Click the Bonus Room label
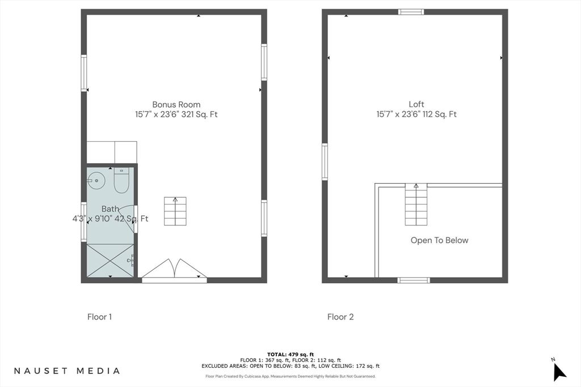[x=176, y=105]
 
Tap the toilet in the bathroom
[x=121, y=180]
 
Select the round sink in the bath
[x=96, y=181]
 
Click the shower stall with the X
[x=110, y=260]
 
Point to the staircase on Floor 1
[x=175, y=211]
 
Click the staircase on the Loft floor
[x=416, y=204]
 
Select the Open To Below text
[x=440, y=240]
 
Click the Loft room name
[x=416, y=104]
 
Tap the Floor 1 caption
[x=99, y=317]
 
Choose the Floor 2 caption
[x=340, y=317]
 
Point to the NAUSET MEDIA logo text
[x=67, y=371]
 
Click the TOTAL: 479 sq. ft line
[x=290, y=355]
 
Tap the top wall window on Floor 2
[x=411, y=12]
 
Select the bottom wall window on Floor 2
[x=414, y=280]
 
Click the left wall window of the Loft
[x=325, y=161]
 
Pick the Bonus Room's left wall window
[x=84, y=73]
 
